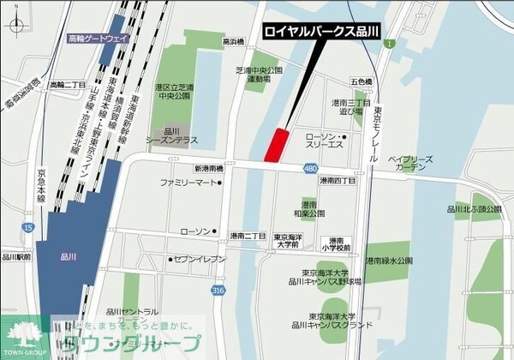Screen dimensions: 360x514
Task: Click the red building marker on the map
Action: (276, 144)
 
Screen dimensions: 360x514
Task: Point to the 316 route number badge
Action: (220, 291)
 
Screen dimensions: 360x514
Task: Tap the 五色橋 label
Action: (361, 81)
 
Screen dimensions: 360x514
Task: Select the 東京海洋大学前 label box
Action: (287, 241)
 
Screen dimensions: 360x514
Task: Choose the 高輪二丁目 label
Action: (66, 85)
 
